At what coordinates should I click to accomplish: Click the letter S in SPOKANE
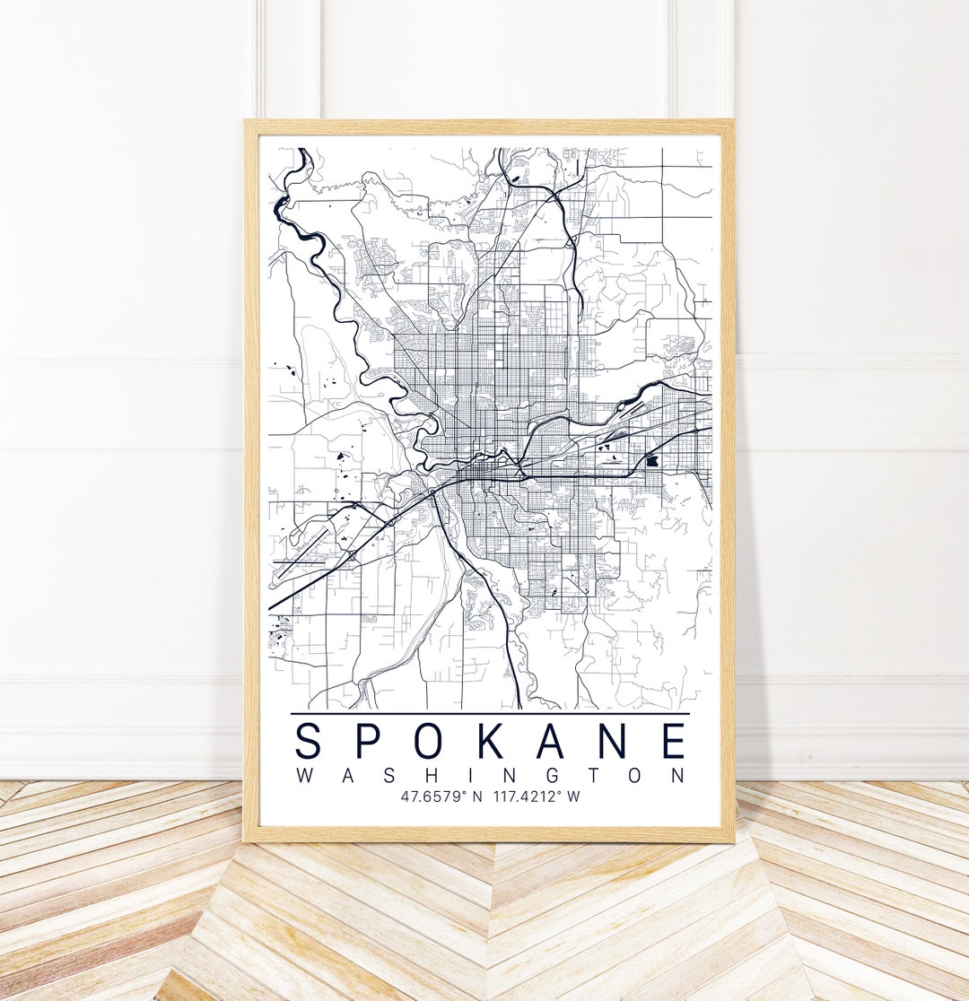point(309,742)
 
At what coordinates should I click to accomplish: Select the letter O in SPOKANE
point(436,742)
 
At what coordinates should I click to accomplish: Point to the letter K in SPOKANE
point(499,742)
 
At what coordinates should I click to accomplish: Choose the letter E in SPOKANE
point(676,742)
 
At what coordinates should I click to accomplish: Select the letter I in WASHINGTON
point(470,776)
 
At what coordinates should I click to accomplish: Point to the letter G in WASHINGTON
point(554,776)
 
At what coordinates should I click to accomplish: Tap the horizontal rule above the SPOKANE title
point(490,714)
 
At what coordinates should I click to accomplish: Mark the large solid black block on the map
point(652,460)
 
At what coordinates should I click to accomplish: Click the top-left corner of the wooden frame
point(246,121)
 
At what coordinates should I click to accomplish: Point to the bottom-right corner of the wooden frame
point(733,840)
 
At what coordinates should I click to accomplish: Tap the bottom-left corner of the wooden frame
point(246,840)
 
